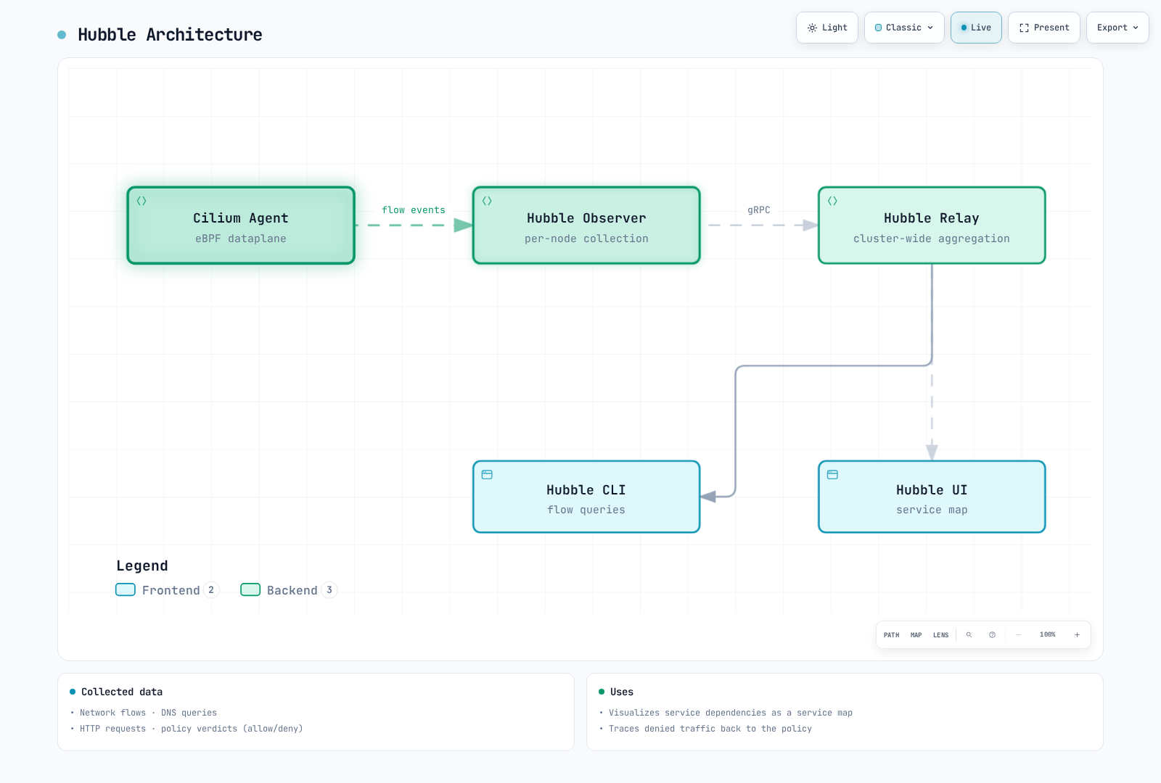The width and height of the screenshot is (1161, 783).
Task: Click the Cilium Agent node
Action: coord(241,225)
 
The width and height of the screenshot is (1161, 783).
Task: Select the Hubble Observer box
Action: coord(586,225)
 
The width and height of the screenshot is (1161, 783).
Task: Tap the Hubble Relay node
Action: coord(932,225)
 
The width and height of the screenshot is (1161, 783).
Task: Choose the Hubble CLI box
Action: coord(586,497)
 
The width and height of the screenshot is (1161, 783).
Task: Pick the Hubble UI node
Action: coord(932,497)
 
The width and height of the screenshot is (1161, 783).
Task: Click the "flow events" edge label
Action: coord(414,210)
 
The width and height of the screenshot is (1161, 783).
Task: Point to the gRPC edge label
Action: coord(759,210)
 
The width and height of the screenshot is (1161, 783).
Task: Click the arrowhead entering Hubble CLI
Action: coord(708,497)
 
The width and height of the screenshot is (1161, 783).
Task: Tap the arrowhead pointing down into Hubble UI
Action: coord(932,452)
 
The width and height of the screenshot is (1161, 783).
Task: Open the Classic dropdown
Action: coord(904,28)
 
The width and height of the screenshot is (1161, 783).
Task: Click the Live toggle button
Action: coord(976,28)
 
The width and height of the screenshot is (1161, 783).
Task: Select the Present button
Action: coord(1044,28)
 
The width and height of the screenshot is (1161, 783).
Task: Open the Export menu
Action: coord(1117,28)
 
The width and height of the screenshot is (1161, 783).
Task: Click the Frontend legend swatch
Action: coord(126,590)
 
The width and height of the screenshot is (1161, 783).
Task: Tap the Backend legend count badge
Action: coord(329,590)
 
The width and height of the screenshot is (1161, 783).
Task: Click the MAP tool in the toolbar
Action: coord(916,635)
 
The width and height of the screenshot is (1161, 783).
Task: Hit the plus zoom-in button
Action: coord(1077,635)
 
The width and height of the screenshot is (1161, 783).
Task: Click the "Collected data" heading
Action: coord(122,692)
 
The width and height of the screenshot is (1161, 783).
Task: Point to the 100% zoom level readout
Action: coord(1048,634)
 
